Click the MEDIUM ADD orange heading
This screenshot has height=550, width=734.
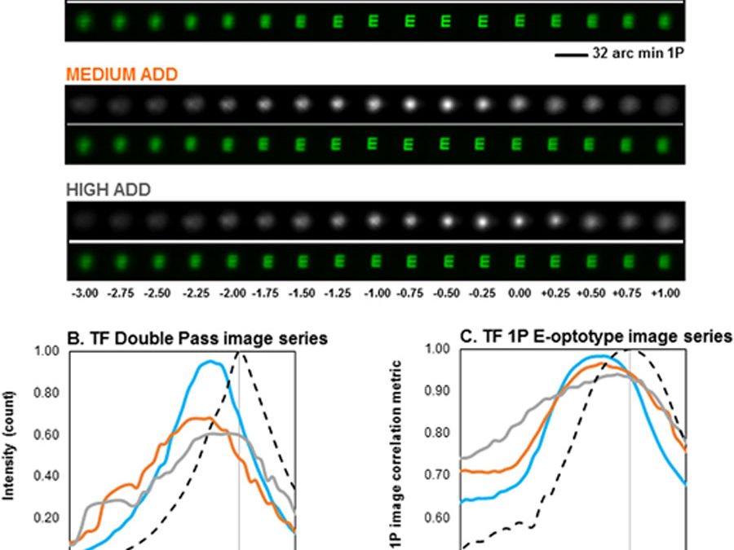122,74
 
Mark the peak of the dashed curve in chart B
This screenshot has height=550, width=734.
240,352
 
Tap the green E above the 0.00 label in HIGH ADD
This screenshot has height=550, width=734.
518,262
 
